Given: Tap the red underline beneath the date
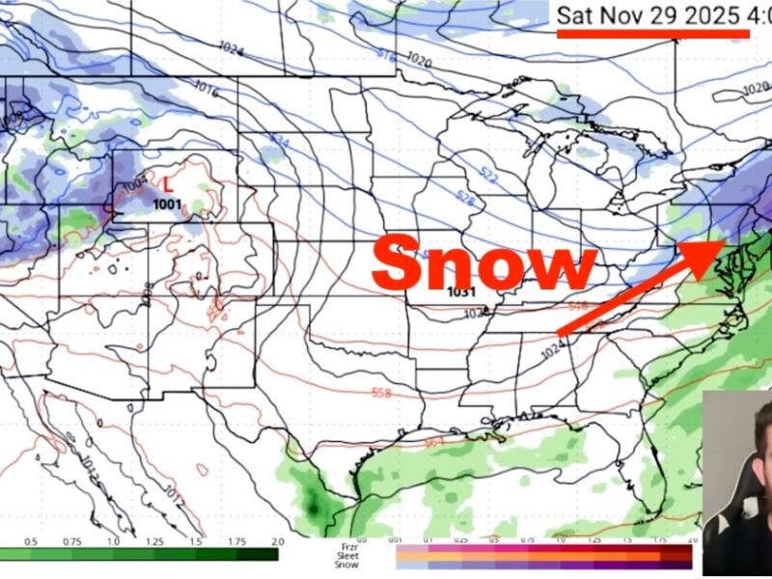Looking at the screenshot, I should [653, 33].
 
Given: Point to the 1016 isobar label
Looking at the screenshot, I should [207, 88].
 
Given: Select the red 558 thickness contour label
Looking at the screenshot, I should [382, 394].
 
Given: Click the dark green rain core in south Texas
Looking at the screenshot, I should [313, 503].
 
